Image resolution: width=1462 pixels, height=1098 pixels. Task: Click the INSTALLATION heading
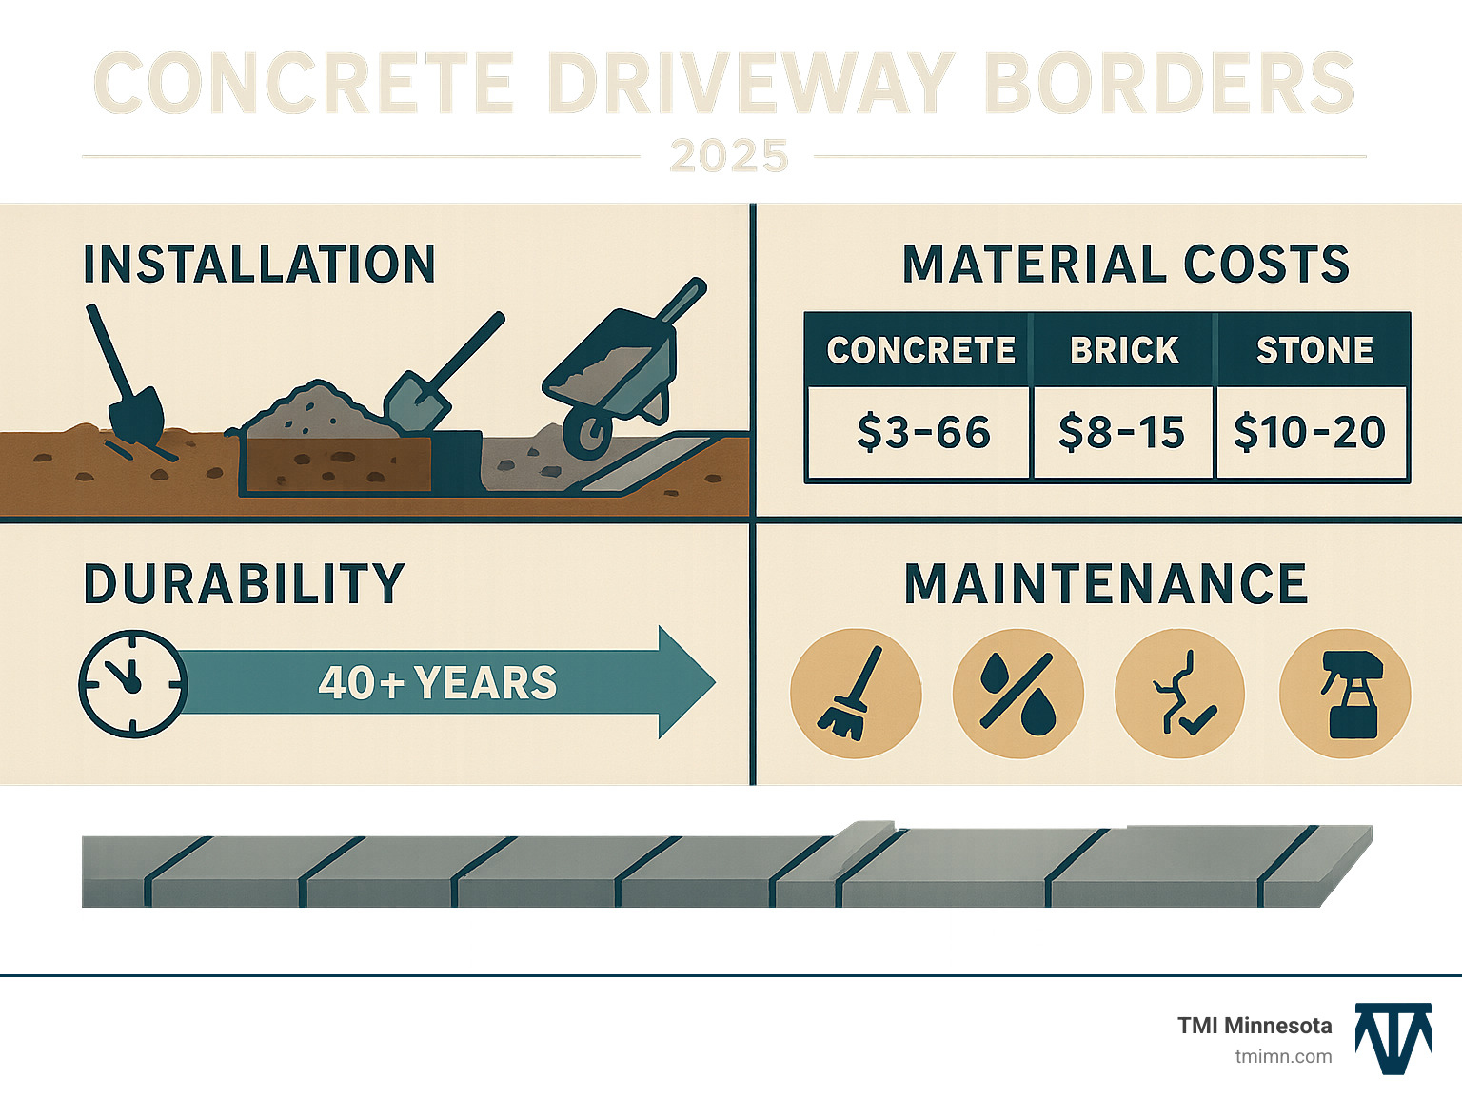point(259,265)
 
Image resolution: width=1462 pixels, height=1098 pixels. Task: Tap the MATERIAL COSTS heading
point(1126,265)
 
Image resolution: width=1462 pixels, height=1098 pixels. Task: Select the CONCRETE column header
point(920,350)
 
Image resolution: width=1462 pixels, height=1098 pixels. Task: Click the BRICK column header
point(1124,350)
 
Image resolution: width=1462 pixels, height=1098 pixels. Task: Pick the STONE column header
point(1314,350)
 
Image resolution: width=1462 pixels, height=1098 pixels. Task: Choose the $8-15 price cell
point(1121,433)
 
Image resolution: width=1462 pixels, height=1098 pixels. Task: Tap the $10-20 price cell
point(1310,433)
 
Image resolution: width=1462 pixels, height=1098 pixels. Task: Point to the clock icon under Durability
point(131,682)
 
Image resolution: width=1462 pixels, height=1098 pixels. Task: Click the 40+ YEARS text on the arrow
point(438,683)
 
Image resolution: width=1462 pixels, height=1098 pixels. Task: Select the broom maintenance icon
point(855,694)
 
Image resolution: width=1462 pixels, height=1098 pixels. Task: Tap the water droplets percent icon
point(1017,694)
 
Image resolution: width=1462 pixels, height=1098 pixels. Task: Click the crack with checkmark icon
point(1180,694)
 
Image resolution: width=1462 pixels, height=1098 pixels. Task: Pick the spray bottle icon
point(1344,694)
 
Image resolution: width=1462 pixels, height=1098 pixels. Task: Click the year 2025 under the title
point(729,156)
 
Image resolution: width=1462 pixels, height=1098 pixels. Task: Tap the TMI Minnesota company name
point(1255,1026)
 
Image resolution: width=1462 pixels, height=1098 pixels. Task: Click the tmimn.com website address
point(1283,1056)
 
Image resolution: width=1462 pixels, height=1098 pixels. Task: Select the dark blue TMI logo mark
point(1393,1038)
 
